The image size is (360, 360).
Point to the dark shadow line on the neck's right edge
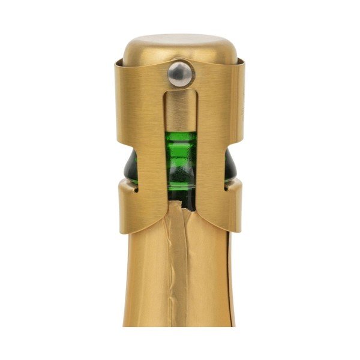tap(230, 288)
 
